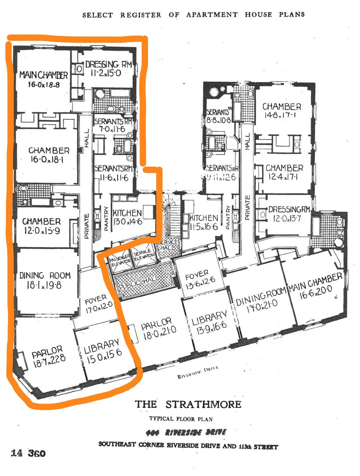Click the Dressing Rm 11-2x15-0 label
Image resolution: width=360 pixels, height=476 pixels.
[x=108, y=69]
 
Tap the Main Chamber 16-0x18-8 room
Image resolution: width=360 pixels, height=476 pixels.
[x=43, y=79]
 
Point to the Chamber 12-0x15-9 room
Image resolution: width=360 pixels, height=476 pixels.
[x=42, y=226]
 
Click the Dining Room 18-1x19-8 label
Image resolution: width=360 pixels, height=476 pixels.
[x=45, y=280]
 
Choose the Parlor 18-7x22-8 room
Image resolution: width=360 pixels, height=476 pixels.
[x=48, y=357]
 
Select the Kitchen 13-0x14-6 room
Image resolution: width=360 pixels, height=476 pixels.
[x=127, y=217]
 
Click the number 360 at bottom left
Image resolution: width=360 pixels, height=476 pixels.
[x=36, y=453]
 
